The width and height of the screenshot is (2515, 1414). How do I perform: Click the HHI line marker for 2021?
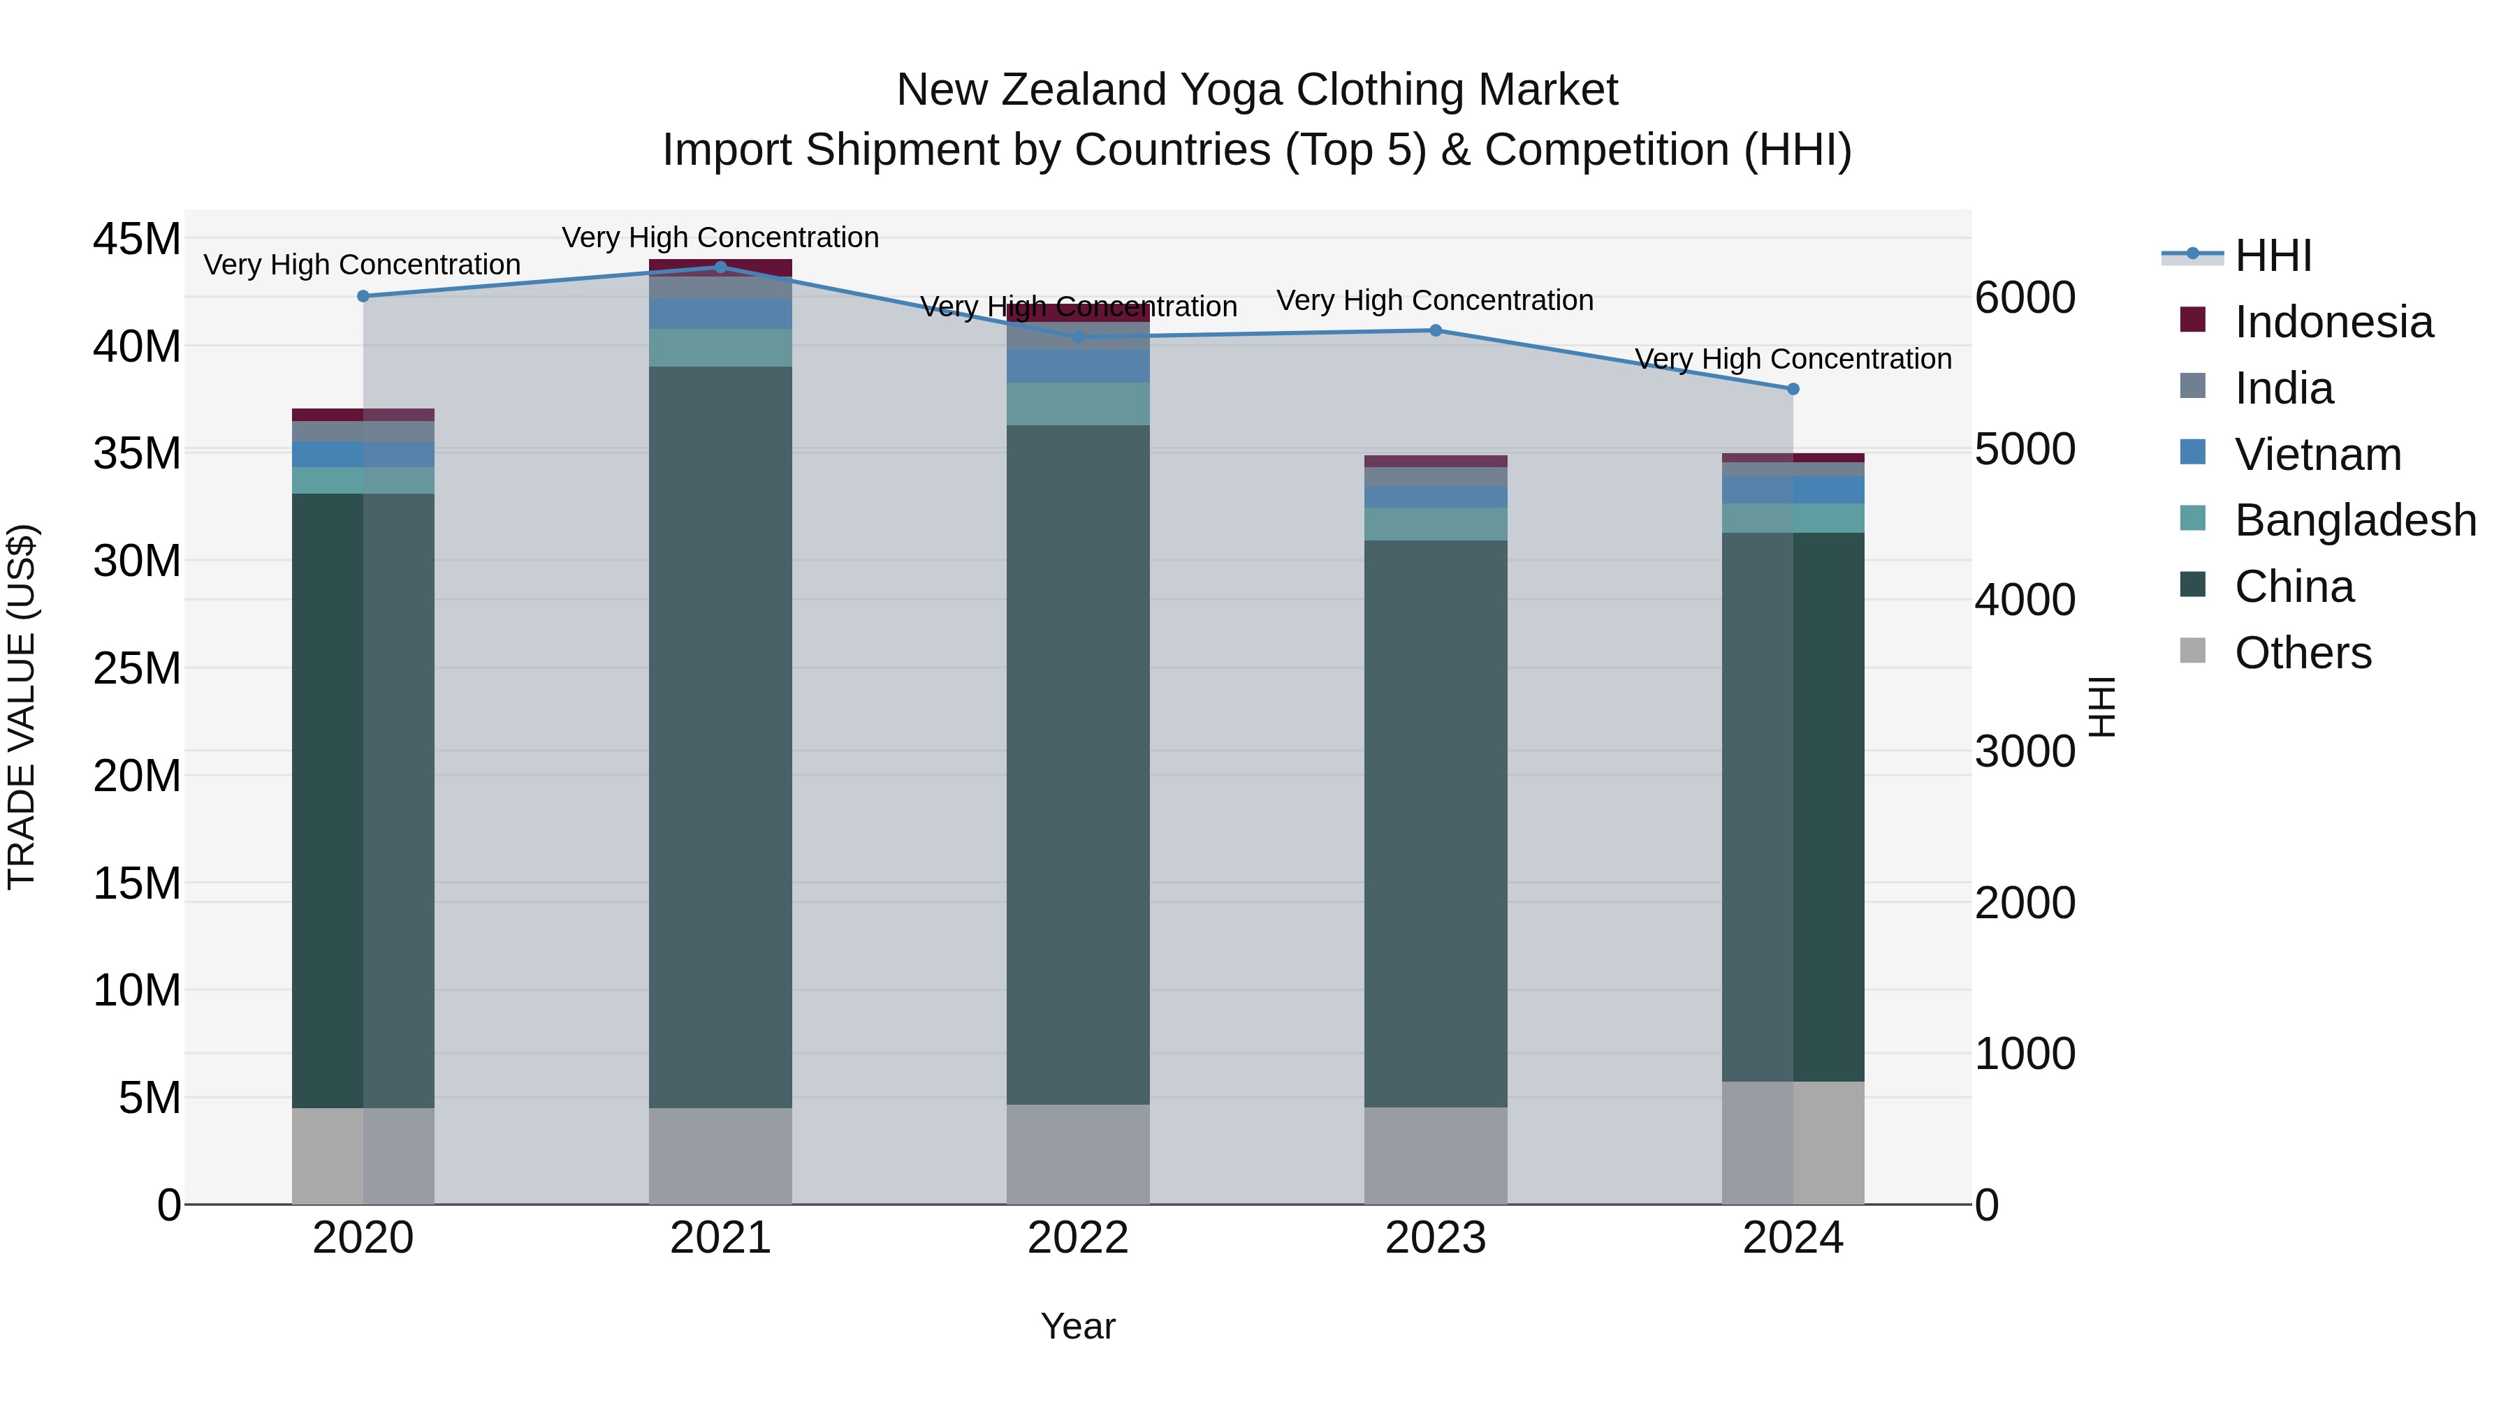point(720,267)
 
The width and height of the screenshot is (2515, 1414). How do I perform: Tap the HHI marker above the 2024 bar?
point(1793,388)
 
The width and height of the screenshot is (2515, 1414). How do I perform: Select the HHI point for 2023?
point(1435,330)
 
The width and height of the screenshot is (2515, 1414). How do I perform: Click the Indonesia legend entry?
point(2333,322)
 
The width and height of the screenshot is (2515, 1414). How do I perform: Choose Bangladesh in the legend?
point(2355,520)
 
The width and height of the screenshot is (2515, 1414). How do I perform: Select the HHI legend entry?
point(2273,256)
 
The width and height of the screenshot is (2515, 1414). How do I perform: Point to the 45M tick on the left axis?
point(137,239)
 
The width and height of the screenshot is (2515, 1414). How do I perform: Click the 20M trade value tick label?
point(137,776)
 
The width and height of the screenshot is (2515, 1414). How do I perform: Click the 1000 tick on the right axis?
point(2025,1054)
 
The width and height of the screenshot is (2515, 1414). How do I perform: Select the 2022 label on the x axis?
point(1078,1238)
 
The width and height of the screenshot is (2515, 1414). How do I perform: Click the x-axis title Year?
point(1078,1326)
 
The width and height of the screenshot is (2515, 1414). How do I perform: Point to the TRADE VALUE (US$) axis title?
point(22,707)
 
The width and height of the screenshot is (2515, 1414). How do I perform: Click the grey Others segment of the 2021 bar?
point(720,1156)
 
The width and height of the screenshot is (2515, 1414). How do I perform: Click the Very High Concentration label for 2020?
point(362,265)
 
